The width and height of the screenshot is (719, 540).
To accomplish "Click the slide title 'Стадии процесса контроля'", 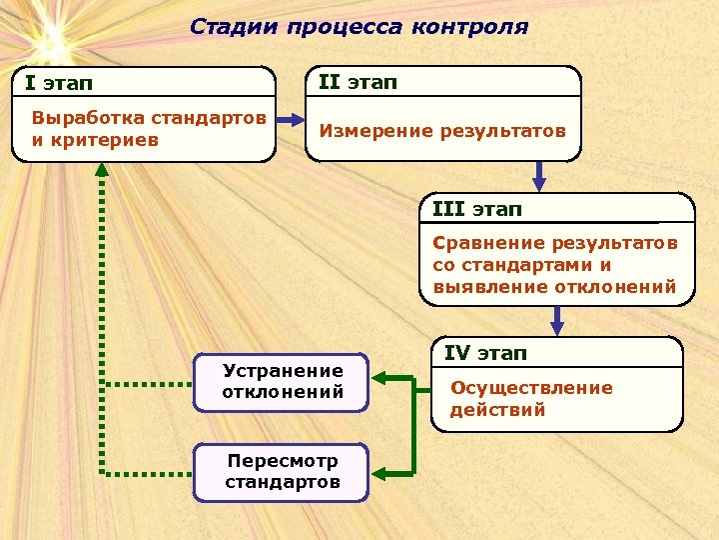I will click(359, 27).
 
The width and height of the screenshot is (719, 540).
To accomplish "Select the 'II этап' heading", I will click(358, 82).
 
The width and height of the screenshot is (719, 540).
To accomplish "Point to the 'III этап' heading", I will click(477, 209).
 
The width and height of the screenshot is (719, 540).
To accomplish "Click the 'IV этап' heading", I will click(485, 353).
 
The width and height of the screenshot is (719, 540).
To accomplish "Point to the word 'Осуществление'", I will click(531, 387).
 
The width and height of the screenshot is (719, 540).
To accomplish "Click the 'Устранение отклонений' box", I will click(283, 381).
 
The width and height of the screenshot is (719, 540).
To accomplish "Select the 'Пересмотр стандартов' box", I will click(283, 472).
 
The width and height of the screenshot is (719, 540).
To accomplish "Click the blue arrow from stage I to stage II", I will click(291, 119).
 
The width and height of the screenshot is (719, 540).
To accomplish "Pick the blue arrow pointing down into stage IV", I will click(557, 322).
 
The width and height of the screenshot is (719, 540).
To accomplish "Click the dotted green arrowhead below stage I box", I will click(101, 170).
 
